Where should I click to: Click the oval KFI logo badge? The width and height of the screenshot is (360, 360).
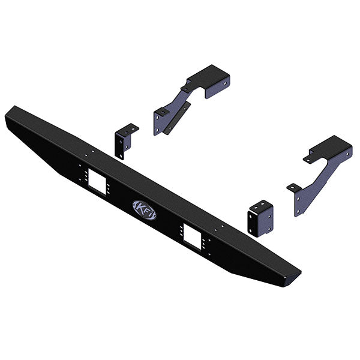[145, 210]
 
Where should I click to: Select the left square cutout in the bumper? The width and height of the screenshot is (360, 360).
[97, 182]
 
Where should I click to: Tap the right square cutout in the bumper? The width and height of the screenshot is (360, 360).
[193, 236]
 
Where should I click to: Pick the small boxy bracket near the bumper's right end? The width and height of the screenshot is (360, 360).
[260, 218]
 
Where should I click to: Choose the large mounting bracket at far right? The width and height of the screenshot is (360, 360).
[322, 175]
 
